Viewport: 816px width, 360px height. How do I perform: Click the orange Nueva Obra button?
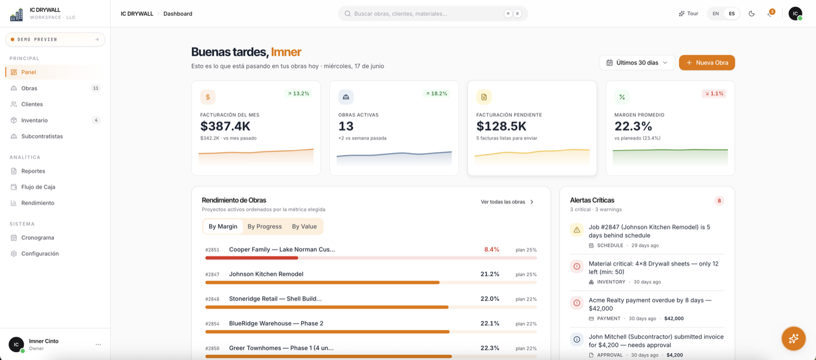coord(707,63)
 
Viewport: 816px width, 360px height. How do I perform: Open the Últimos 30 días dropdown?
coord(637,63)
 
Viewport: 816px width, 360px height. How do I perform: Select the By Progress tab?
coord(265,226)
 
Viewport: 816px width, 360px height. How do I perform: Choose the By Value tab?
coord(304,226)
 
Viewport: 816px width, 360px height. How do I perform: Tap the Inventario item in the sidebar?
coord(34,120)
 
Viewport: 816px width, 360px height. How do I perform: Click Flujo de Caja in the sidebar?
coord(39,187)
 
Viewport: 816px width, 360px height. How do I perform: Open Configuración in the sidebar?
coord(40,253)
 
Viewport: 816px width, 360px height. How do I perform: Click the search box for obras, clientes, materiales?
coord(433,14)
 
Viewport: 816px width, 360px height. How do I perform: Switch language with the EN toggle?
coord(716,14)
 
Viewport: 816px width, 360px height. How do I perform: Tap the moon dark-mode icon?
coord(751,14)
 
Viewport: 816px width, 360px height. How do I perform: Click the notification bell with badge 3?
coord(770,14)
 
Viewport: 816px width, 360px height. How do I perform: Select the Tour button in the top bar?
coord(688,14)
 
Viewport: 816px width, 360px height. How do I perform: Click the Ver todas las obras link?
coord(507,202)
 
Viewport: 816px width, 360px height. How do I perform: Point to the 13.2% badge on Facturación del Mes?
coord(298,94)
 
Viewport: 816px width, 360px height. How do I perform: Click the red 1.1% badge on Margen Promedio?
coord(714,94)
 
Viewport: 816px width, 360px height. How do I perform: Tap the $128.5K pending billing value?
coord(501,126)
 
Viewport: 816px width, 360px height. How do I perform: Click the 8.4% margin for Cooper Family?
coord(491,249)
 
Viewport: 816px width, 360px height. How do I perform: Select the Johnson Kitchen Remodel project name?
coord(266,274)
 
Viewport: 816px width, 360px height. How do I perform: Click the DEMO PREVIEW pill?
coord(55,39)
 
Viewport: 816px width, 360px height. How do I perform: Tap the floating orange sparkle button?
coord(793,338)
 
